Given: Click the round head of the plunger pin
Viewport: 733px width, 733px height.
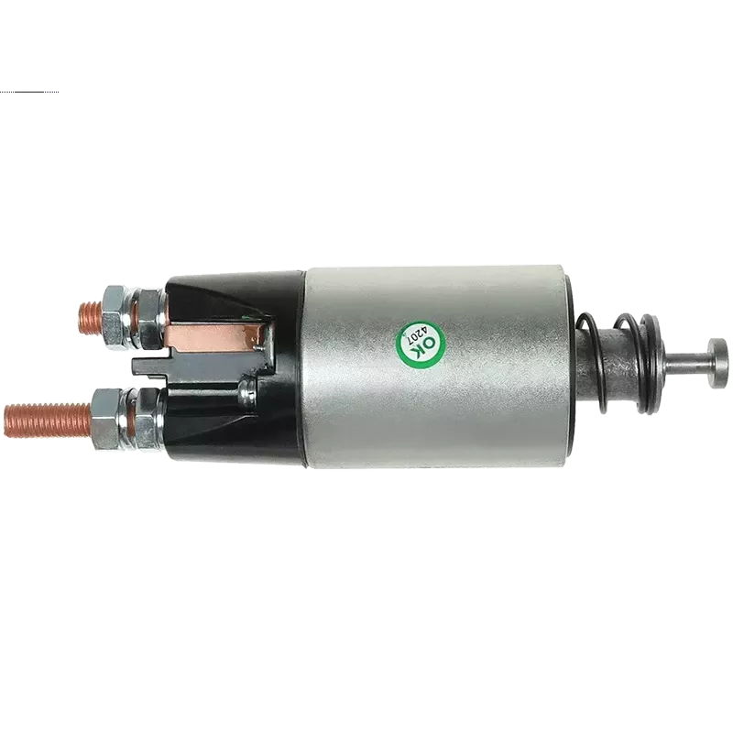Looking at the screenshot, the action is click(717, 363).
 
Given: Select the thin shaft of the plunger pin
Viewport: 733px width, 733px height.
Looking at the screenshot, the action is click(686, 363).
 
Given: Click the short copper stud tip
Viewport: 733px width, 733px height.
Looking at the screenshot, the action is click(90, 318).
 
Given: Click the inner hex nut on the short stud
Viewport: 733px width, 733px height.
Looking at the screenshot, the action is click(149, 319).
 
